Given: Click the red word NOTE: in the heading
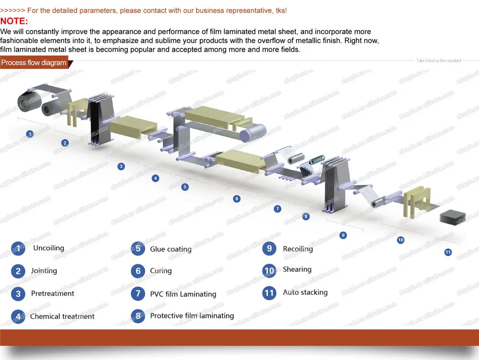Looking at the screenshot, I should [14, 21].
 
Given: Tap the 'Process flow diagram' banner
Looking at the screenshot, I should [34, 63].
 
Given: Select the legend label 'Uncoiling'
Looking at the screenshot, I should [48, 248].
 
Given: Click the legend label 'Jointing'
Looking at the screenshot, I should [44, 270].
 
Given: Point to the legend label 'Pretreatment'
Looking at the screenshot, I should [53, 293].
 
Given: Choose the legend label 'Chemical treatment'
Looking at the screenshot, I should [62, 316].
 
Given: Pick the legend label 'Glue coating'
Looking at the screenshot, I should [171, 249].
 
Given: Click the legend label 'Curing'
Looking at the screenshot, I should [160, 270].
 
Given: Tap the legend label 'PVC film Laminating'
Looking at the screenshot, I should [183, 294].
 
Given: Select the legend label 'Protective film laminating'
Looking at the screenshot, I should [192, 316].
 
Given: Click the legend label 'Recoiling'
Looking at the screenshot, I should [297, 249].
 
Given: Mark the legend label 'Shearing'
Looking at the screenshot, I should [297, 270].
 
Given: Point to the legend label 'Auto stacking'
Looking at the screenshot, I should [305, 292].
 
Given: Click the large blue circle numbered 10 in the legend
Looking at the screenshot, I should [269, 270].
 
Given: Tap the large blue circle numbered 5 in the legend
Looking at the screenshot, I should [138, 248].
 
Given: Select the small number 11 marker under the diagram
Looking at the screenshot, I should [448, 252].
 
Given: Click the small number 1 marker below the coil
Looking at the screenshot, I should [30, 134].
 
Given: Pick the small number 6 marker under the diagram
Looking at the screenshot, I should [237, 198].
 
